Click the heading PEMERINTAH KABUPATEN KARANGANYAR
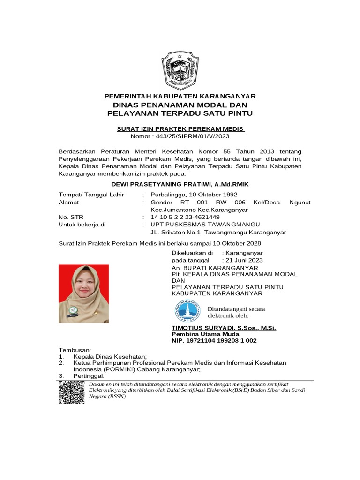(180, 96)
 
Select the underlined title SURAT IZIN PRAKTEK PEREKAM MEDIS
(180, 128)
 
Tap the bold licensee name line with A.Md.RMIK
(180, 184)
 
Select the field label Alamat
(69, 202)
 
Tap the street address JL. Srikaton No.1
(175, 232)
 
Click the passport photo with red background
(83, 293)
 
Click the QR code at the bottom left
(71, 392)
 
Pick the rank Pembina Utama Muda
(205, 334)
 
